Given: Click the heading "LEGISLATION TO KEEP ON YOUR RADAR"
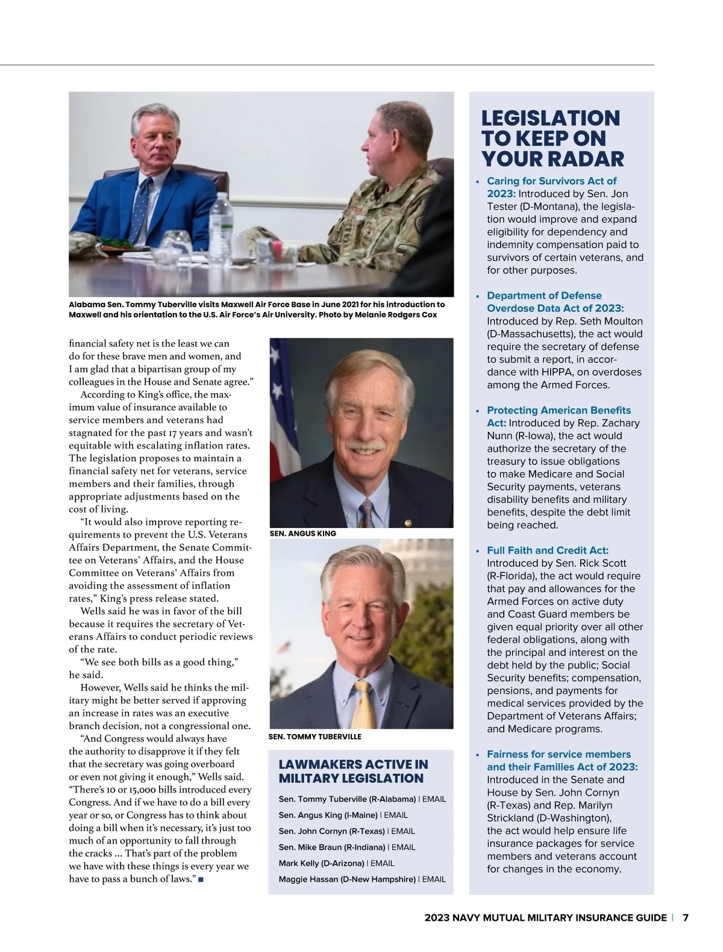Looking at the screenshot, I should pyautogui.click(x=551, y=138).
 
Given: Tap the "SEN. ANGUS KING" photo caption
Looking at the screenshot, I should pyautogui.click(x=303, y=534).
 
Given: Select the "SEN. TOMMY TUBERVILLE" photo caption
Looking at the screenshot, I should pyautogui.click(x=315, y=736).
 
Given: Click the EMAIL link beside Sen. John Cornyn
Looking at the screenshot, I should pyautogui.click(x=403, y=831).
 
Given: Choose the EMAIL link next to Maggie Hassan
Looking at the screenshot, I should pyautogui.click(x=434, y=879).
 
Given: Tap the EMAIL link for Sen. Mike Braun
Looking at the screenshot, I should pyautogui.click(x=403, y=847).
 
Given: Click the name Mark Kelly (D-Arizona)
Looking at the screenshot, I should pyautogui.click(x=321, y=863).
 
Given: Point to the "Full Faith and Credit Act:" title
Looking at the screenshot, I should pyautogui.click(x=548, y=550).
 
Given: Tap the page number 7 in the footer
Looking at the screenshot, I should pyautogui.click(x=685, y=918).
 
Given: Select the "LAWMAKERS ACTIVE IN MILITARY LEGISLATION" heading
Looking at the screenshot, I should pyautogui.click(x=353, y=771).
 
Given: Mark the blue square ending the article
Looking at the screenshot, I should pyautogui.click(x=200, y=880).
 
